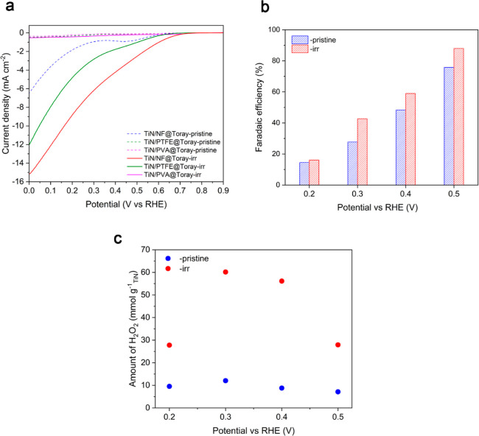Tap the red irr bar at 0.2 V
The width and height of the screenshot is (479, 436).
313,172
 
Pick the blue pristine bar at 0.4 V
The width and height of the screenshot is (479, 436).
380,147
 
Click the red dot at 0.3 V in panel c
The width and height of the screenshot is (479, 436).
225,272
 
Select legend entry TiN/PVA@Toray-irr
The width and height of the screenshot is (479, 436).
183,174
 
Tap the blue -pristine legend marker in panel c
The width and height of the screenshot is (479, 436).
149,259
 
